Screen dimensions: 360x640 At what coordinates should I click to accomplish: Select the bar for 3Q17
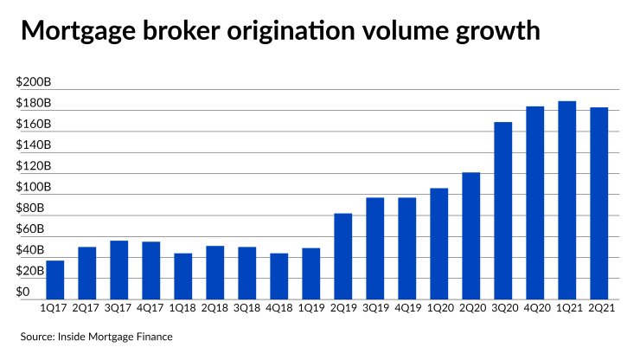tap(119, 268)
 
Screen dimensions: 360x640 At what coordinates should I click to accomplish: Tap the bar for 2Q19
tap(343, 255)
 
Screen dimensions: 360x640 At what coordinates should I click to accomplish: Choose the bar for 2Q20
tap(471, 235)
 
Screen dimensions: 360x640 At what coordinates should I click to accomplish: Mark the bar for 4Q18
tap(279, 275)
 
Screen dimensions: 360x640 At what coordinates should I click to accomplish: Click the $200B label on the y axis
tap(33, 83)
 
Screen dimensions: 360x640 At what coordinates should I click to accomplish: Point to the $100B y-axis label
tap(33, 188)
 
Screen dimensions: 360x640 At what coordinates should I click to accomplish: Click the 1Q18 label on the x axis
tap(183, 306)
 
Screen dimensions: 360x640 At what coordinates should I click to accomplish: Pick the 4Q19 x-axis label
tap(407, 306)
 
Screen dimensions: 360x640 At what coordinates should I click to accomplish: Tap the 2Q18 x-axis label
tap(215, 306)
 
